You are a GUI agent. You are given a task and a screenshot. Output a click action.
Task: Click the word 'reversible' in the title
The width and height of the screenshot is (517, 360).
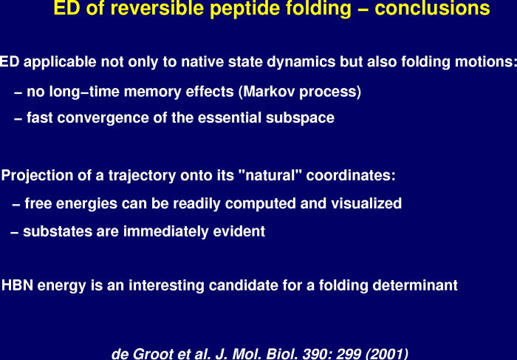pos(160,8)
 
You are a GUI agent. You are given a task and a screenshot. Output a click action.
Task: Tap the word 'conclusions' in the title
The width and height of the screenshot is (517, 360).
pos(432,8)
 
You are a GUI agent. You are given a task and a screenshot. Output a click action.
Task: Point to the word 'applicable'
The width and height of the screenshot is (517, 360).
pos(60,63)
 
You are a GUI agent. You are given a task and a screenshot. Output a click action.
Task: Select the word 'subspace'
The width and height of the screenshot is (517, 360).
pos(300,118)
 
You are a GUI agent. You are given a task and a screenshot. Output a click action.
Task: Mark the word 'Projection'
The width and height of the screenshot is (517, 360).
pos(37,175)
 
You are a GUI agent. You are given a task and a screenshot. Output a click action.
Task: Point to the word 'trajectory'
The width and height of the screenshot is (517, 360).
pos(142,176)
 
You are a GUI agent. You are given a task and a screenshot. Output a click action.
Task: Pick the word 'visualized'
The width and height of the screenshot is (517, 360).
pos(366,203)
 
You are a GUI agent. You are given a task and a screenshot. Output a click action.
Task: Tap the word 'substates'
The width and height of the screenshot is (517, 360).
pos(58,231)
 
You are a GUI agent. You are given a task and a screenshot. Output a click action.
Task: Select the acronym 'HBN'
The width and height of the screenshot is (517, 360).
pos(17,285)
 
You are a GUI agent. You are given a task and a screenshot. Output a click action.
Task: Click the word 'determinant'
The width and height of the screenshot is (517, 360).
pos(415,285)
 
